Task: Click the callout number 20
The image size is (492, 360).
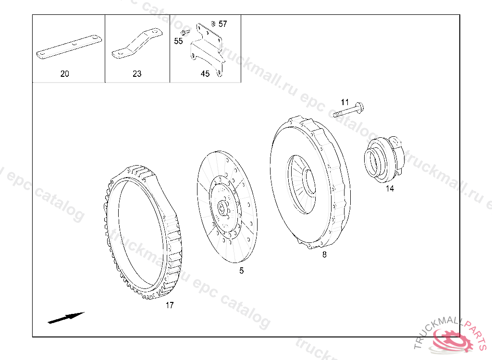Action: click(x=65, y=74)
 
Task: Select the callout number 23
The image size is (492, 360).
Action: click(x=137, y=74)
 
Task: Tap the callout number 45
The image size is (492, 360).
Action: click(x=205, y=74)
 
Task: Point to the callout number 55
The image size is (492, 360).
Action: click(x=178, y=41)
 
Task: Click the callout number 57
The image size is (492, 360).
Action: click(x=223, y=24)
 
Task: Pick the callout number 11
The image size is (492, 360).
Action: click(x=345, y=102)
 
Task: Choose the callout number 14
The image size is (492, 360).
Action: click(x=390, y=189)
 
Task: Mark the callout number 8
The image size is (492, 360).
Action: click(x=324, y=254)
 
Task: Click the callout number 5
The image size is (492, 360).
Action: click(x=241, y=271)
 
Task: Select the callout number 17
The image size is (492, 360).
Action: click(x=170, y=305)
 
